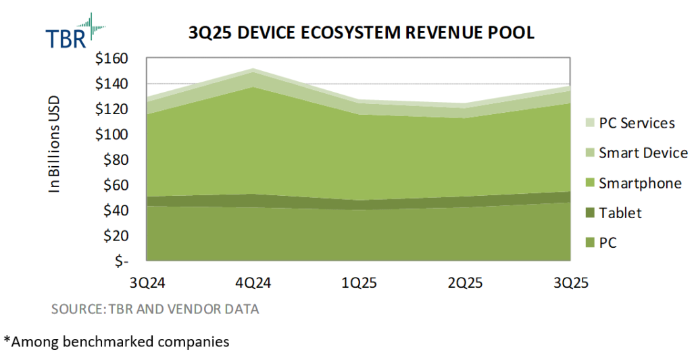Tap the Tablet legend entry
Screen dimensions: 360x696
pos(614,213)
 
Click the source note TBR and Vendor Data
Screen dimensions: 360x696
pos(155,309)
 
